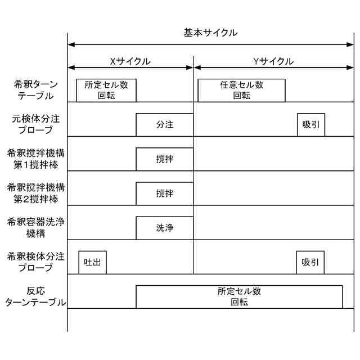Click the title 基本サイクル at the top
click(210, 33)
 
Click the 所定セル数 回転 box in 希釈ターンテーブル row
click(106, 90)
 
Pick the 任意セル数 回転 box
click(241, 90)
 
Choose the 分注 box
click(164, 124)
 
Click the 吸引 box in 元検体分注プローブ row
click(311, 124)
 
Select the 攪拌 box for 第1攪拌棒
click(164, 159)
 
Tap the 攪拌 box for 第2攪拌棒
click(164, 193)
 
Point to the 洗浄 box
click(164, 228)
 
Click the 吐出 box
click(92, 262)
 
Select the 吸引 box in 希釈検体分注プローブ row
click(310, 262)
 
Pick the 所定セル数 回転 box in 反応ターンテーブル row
click(239, 296)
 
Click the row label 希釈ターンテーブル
click(34, 90)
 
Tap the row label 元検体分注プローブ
click(34, 124)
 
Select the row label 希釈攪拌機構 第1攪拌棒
click(34, 159)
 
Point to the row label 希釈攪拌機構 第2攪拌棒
click(34, 193)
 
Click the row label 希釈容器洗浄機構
click(34, 228)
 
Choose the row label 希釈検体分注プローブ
click(34, 262)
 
